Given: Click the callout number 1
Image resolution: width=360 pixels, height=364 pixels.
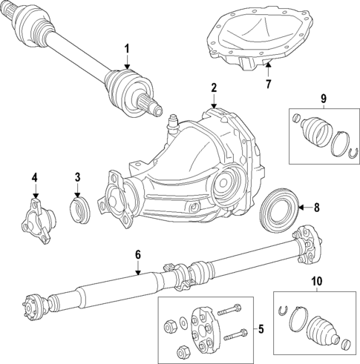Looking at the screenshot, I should tap(126, 49).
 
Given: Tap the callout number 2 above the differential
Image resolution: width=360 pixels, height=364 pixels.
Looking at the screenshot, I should tap(214, 88).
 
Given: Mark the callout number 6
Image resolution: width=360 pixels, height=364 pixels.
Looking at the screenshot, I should tap(137, 255).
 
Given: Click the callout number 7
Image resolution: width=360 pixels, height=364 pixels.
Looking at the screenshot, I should tap(269, 83).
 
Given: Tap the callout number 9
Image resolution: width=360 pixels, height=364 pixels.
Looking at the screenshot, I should tap(323, 99).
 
